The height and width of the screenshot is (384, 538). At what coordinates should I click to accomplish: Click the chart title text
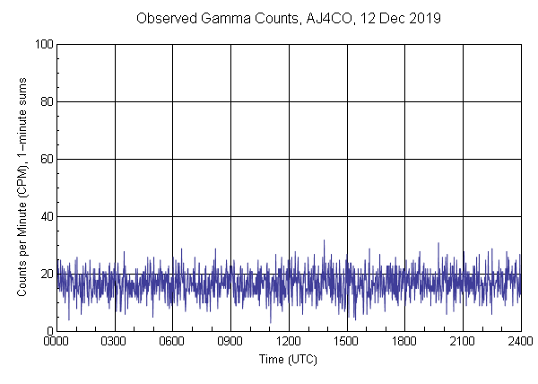(288, 18)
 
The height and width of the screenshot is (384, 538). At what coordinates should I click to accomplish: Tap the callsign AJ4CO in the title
(333, 18)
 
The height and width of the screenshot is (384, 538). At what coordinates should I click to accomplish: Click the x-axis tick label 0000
(56, 342)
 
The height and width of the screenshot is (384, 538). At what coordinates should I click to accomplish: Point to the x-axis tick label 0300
(115, 342)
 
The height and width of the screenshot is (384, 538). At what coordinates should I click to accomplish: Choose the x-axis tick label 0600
(172, 342)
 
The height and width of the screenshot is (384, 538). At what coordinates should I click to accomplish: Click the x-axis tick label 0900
(230, 342)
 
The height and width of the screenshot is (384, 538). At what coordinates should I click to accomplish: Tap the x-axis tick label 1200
(289, 342)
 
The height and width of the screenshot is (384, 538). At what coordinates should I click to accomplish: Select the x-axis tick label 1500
(346, 342)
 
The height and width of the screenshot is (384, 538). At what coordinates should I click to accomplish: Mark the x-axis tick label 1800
(404, 342)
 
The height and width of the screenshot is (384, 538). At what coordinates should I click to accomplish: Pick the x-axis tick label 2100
(462, 342)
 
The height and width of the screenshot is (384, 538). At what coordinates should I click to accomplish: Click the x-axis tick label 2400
(520, 342)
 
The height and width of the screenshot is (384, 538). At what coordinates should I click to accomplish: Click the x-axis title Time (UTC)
(288, 359)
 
